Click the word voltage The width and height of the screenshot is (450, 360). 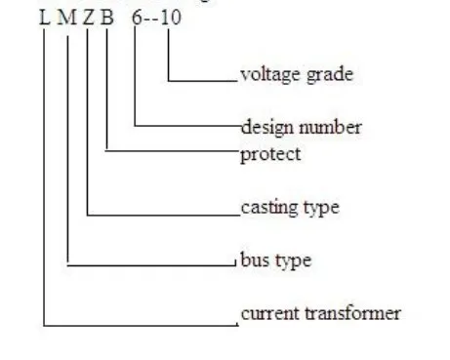click(266, 74)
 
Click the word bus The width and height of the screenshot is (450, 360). click(253, 260)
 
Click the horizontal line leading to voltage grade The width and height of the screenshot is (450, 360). click(204, 79)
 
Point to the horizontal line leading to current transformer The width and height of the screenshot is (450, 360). click(137, 323)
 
